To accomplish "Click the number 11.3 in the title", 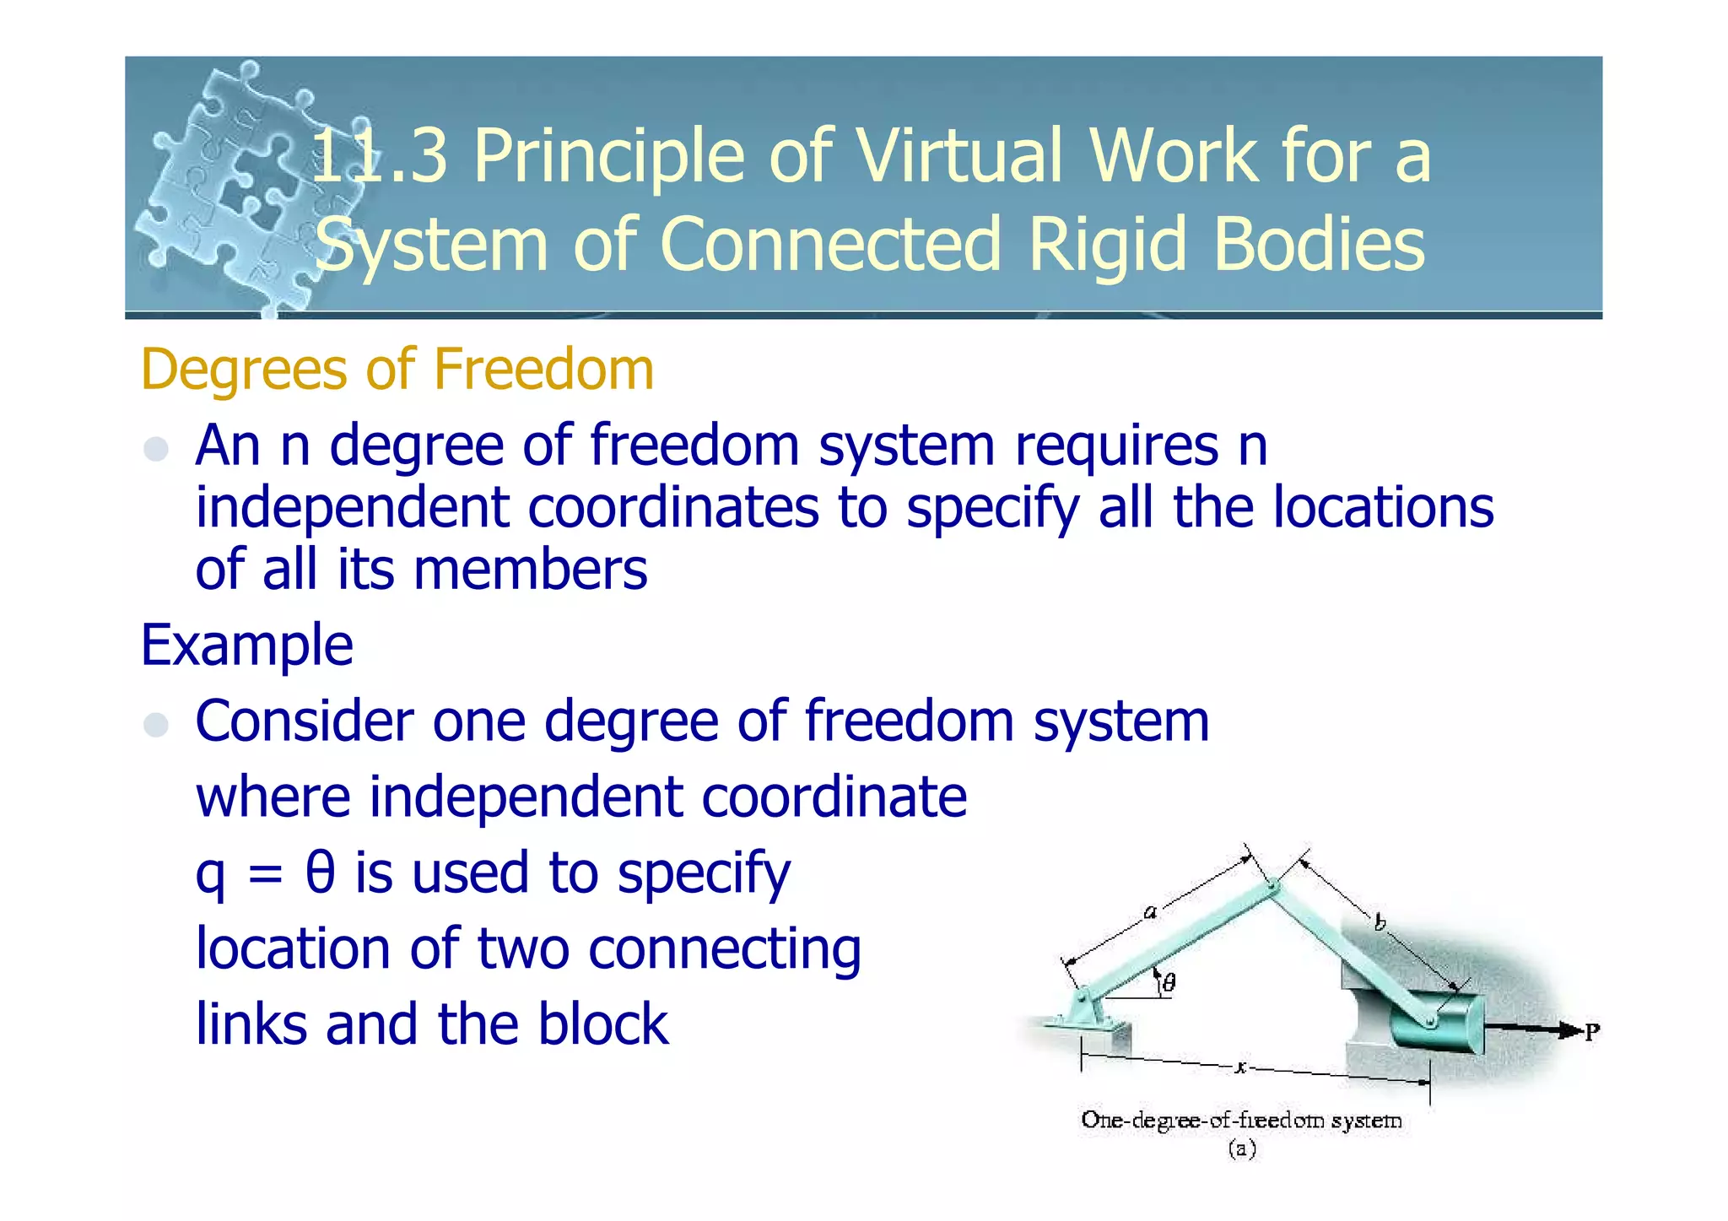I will pos(379,157).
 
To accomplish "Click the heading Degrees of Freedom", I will pos(397,370).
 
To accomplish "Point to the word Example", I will pos(246,646).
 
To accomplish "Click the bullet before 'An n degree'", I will pos(156,449).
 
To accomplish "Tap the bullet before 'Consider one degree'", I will pos(156,724).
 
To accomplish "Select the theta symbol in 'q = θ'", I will pos(320,873).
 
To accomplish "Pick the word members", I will pos(530,570).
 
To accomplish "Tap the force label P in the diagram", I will pos(1591,1032).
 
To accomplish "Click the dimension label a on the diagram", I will pos(1149,912).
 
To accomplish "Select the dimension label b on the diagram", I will pos(1380,923).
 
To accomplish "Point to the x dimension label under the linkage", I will pos(1240,1067).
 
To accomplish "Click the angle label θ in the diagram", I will pos(1169,982).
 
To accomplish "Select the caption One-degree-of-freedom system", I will pos(1241,1121).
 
